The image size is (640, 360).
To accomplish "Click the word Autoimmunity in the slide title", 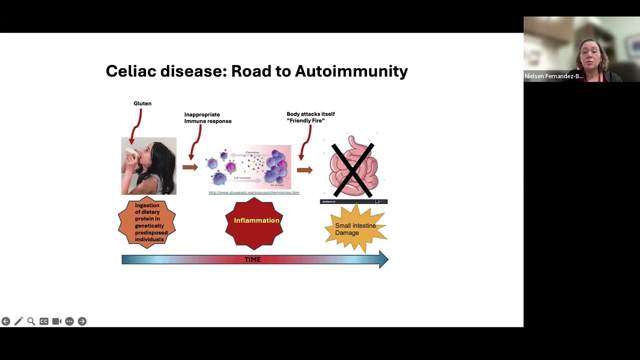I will point(351,71).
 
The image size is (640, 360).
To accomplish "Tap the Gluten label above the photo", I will point(142,103).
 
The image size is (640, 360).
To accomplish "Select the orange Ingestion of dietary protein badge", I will point(147,222).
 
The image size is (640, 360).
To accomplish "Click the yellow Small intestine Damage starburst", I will point(355,229).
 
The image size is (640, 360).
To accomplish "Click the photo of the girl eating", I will point(149,166).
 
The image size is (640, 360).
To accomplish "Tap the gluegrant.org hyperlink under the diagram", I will point(254,192).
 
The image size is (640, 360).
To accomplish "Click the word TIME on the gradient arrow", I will point(252,259).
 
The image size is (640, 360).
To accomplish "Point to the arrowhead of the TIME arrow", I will point(383,259).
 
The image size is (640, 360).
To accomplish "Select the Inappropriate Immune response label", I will point(208,118).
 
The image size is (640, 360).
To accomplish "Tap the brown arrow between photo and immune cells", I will point(190,167).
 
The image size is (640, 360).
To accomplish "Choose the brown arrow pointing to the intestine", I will point(304,170).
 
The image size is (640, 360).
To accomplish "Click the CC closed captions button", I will point(44,321).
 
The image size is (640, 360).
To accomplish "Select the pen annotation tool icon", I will point(18,321).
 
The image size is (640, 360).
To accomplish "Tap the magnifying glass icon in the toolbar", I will point(31,321).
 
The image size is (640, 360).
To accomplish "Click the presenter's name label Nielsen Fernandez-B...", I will point(554,76).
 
